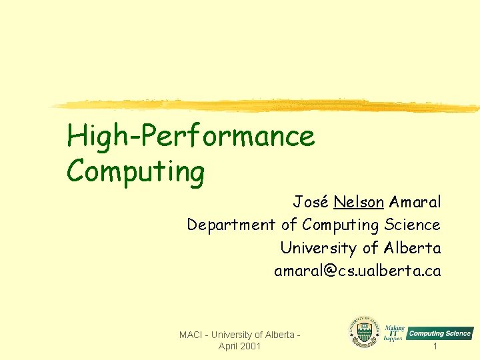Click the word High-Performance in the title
click(191, 137)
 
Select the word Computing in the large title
click(135, 171)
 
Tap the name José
click(311, 202)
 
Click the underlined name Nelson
click(358, 202)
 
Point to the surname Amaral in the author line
click(415, 202)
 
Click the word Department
click(231, 225)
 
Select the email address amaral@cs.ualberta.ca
click(357, 271)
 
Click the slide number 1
click(435, 347)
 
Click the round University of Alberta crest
click(364, 331)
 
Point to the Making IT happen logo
click(394, 330)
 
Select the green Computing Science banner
click(440, 333)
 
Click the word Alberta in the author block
click(413, 248)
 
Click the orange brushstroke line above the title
click(267, 105)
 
